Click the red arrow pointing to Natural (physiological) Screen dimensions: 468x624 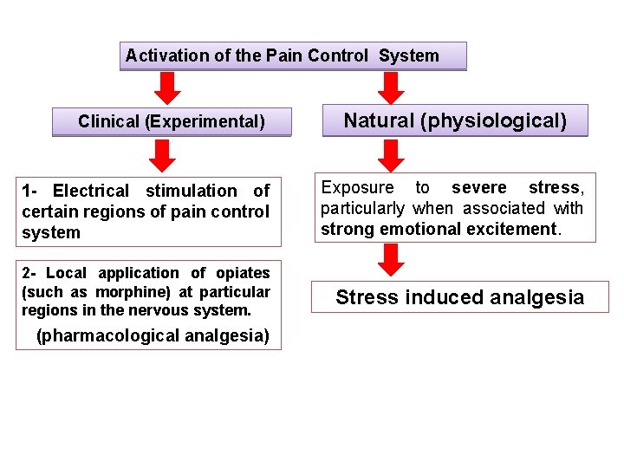tap(392, 88)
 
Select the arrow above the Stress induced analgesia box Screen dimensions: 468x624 tap(392, 259)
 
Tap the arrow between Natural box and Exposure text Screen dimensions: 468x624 tap(392, 154)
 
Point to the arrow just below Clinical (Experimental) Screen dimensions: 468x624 tap(161, 154)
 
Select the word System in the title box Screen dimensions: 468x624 tap(408, 56)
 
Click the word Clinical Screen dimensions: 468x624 tap(109, 121)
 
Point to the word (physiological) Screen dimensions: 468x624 tap(493, 120)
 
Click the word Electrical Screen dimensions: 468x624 tap(91, 191)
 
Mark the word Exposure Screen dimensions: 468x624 tap(357, 188)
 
